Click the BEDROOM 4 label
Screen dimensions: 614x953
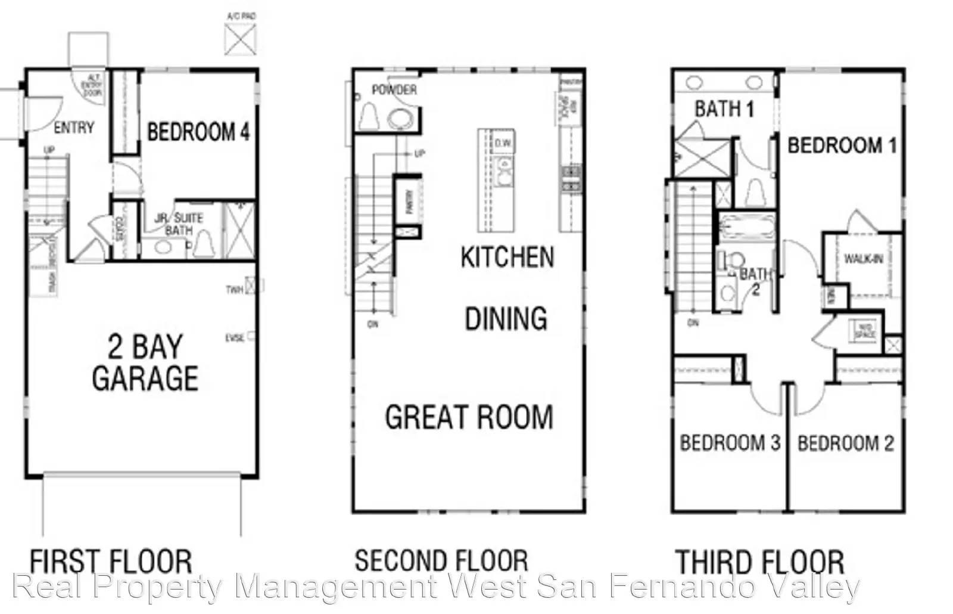click(x=198, y=132)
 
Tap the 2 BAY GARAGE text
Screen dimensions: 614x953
click(x=145, y=362)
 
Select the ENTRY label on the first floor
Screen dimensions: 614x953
click(x=74, y=128)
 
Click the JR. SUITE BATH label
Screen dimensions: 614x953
click(x=179, y=224)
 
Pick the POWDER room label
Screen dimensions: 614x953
click(x=394, y=90)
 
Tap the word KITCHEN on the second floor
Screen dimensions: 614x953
click(x=507, y=258)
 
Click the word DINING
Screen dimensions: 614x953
click(x=506, y=319)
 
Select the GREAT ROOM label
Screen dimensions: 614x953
click(x=469, y=417)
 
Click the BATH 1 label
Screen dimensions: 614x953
click(x=724, y=109)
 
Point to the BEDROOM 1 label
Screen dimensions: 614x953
click(x=842, y=145)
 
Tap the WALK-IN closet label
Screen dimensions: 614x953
click(x=863, y=259)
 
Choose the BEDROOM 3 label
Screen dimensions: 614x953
click(x=730, y=443)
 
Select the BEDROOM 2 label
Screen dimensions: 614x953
click(x=846, y=444)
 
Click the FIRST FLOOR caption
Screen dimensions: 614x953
click(x=111, y=562)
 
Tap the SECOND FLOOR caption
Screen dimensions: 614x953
click(x=441, y=561)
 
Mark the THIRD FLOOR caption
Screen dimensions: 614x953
click(x=759, y=562)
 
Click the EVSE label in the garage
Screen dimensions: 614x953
click(x=235, y=338)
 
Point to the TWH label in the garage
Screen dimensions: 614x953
click(x=234, y=290)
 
